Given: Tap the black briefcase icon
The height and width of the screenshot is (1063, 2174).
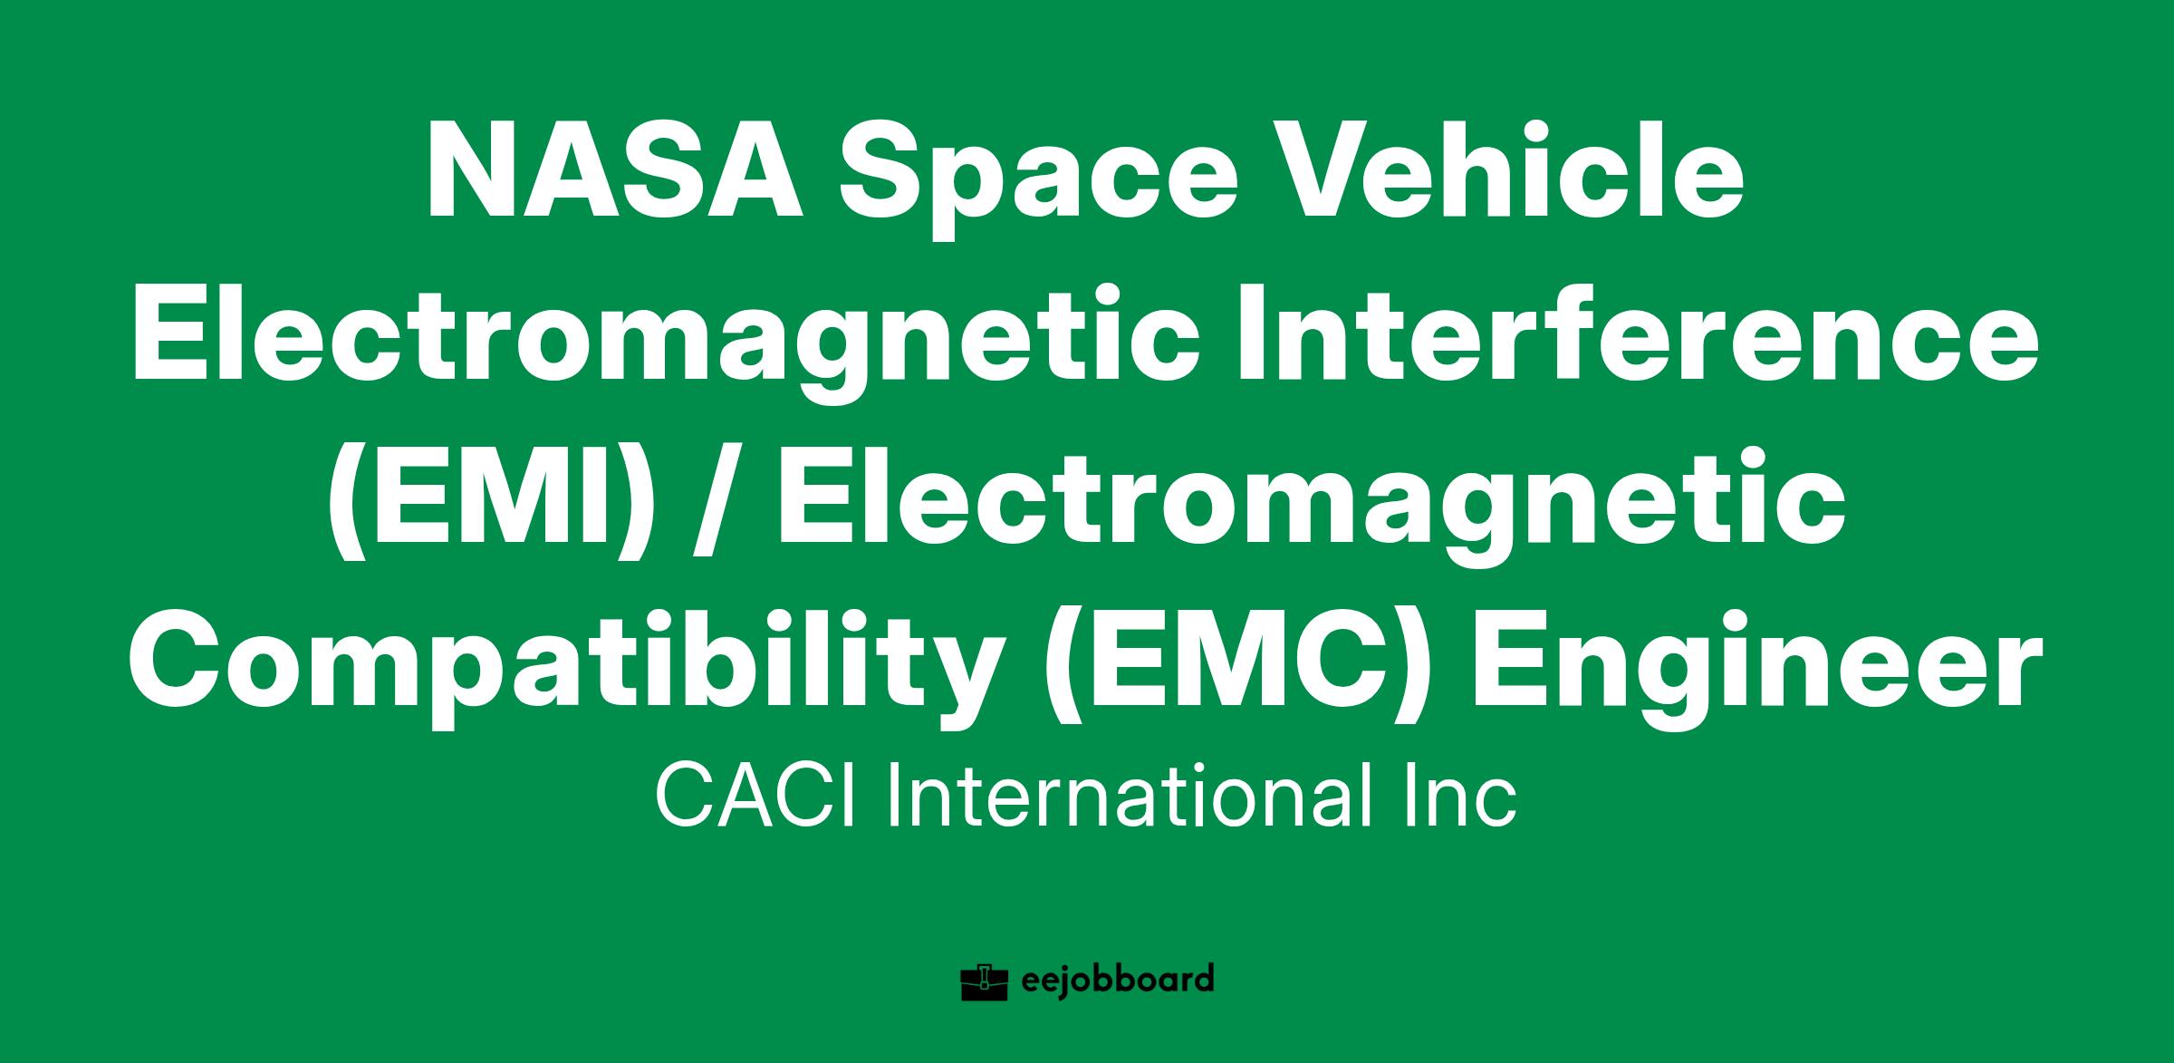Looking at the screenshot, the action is coord(985,982).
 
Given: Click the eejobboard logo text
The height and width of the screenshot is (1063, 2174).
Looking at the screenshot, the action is coord(1116,981).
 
